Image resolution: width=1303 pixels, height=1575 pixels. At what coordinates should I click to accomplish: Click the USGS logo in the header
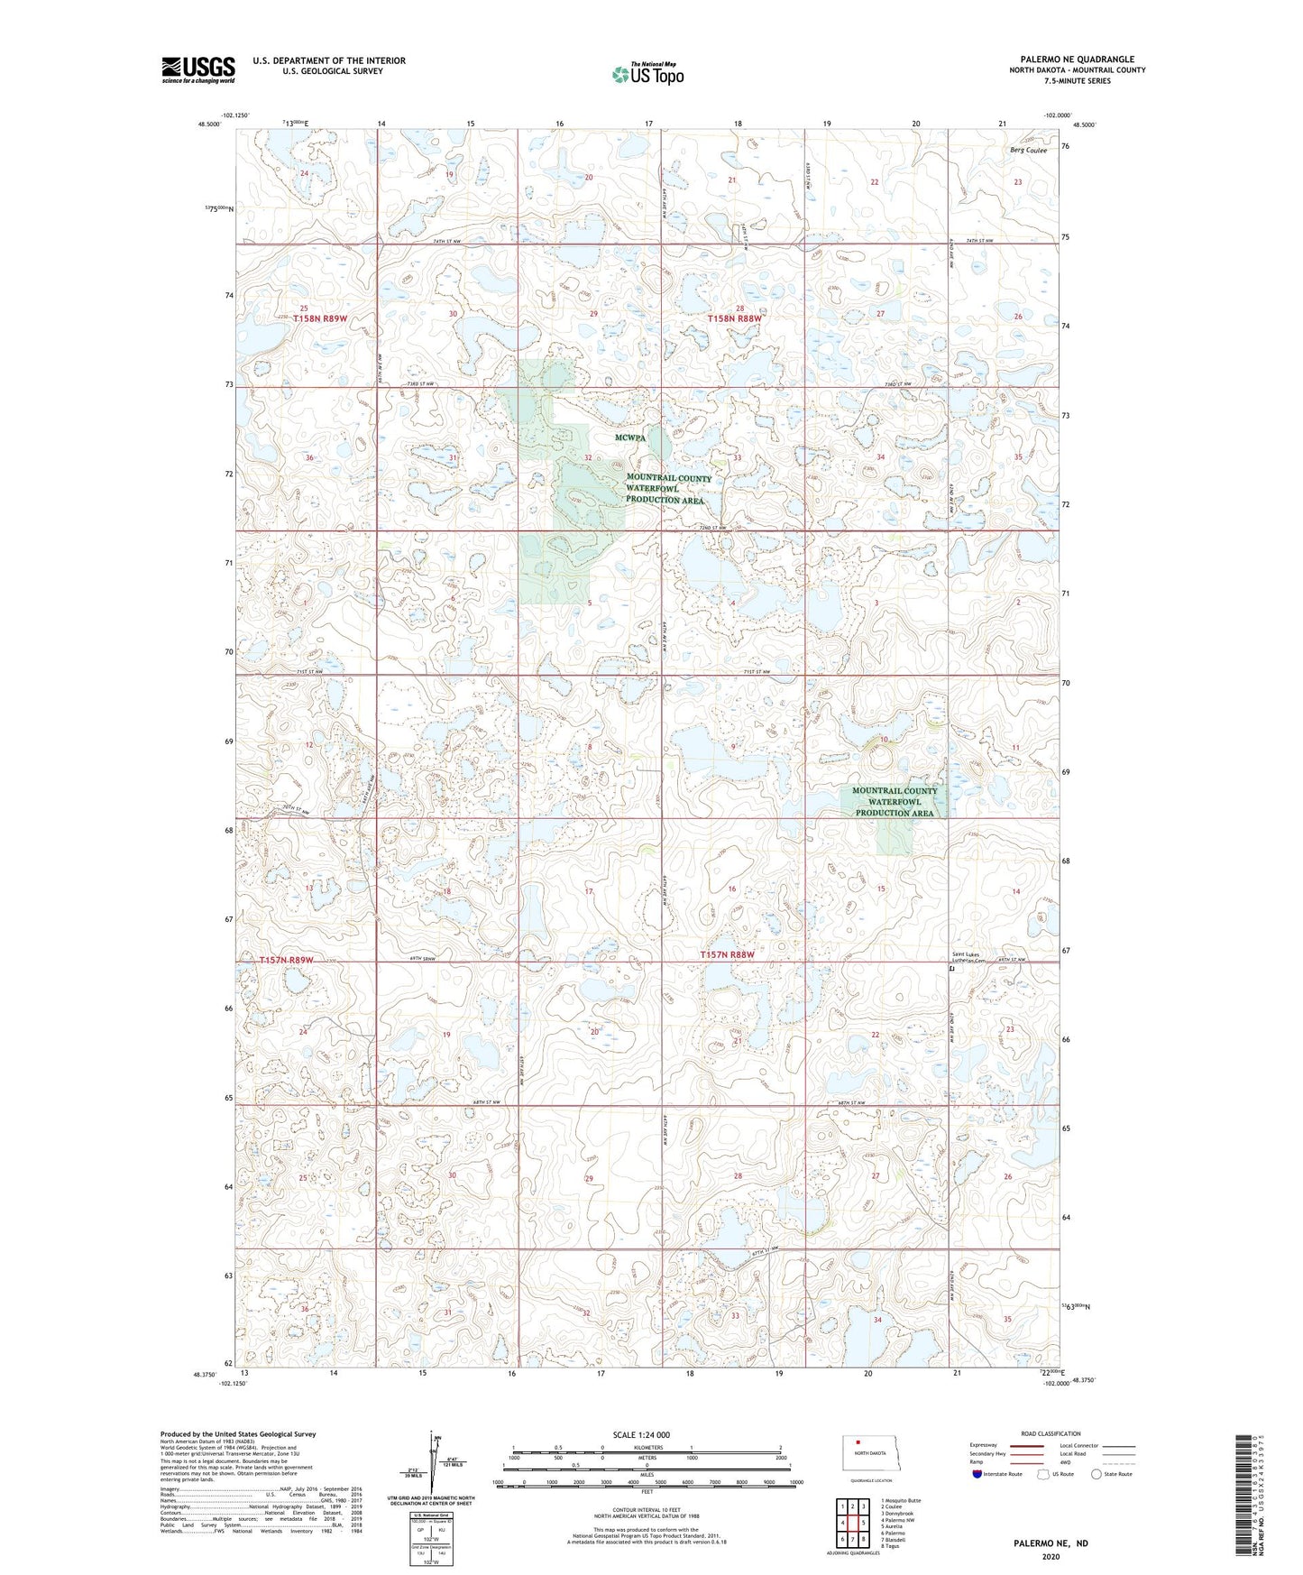[197, 69]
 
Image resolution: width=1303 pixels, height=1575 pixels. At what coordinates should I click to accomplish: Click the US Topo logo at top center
[647, 74]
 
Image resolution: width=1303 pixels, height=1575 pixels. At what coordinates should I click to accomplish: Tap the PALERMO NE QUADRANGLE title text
[1077, 60]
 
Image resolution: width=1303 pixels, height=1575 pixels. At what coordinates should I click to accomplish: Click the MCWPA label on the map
[630, 437]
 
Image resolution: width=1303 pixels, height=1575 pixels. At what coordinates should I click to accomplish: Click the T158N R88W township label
[734, 319]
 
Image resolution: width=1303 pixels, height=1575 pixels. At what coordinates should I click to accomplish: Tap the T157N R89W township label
[286, 960]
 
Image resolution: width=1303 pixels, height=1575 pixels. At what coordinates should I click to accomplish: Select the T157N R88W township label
[727, 954]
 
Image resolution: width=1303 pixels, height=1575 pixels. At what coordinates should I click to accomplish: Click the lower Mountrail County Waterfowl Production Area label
[895, 801]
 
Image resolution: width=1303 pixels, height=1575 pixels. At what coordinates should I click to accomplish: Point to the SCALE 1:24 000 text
[641, 1434]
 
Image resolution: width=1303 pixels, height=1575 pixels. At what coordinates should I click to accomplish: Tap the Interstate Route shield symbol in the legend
[978, 1474]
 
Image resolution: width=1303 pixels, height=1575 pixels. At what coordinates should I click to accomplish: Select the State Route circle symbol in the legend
[1096, 1474]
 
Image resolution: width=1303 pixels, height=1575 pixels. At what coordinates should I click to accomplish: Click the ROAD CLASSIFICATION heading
[1051, 1433]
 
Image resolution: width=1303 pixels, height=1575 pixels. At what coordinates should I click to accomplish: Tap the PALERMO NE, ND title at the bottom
[1051, 1543]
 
